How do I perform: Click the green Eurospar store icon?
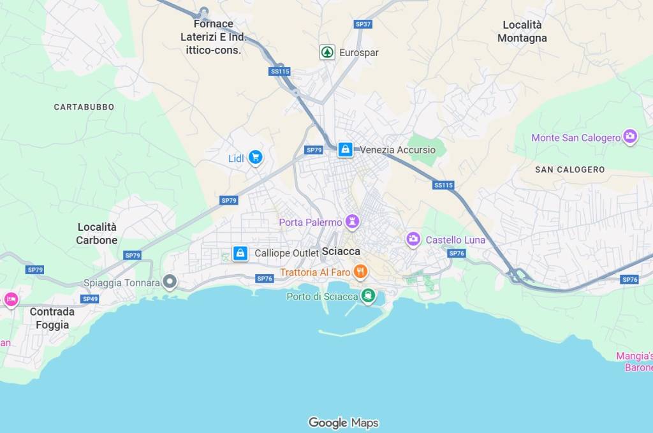point(327,52)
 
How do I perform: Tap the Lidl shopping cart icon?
point(255,158)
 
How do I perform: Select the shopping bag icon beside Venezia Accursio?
point(345,150)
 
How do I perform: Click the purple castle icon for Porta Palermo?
point(352,222)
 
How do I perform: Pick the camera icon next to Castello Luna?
point(414,240)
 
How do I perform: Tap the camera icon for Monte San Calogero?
point(630,137)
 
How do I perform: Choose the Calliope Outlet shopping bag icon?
point(240,253)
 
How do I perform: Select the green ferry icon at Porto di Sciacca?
point(367,296)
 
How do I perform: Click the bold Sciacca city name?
point(341,252)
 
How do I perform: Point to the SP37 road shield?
point(363,24)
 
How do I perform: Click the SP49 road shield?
point(90,298)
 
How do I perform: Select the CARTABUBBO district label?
point(84,107)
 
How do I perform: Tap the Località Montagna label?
point(522,31)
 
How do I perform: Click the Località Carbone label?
point(97,233)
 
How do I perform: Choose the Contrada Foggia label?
point(52,318)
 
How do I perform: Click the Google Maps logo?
point(343,422)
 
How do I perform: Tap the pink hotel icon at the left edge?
point(10,298)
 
